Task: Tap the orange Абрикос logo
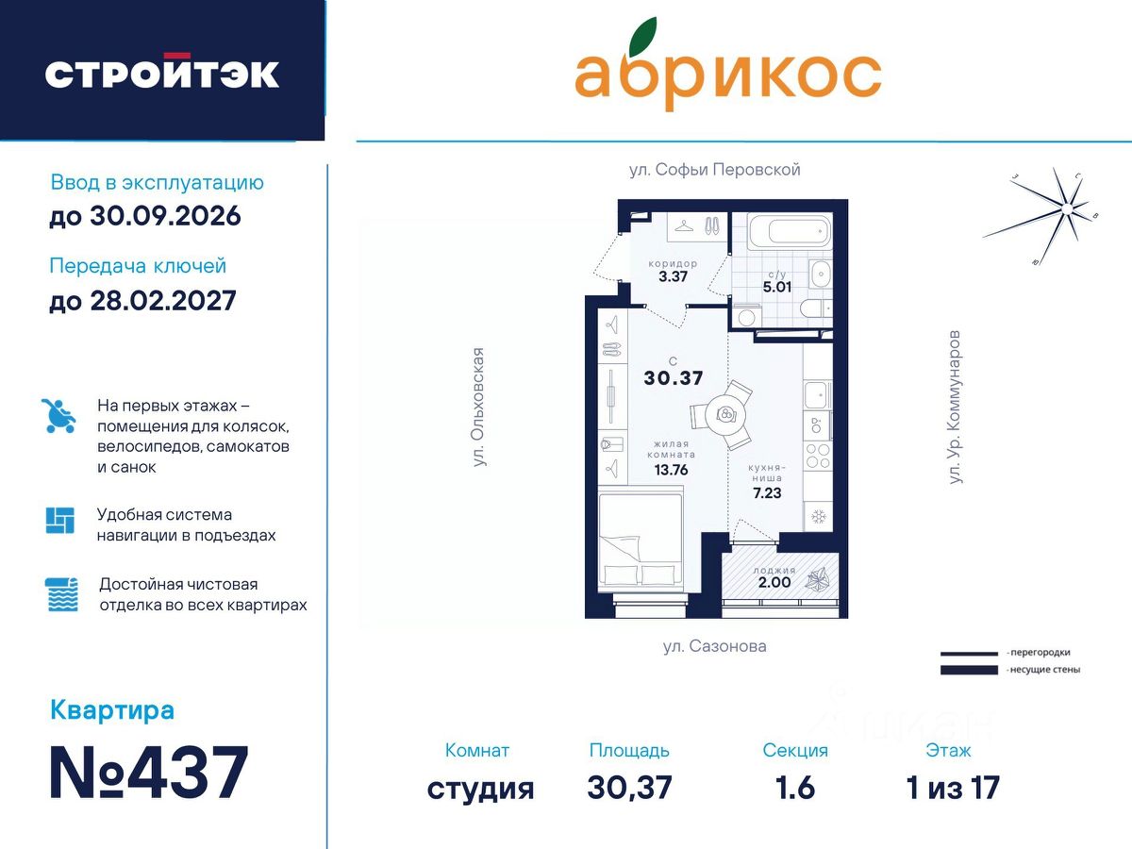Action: coord(727,64)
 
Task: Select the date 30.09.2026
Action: coord(165,216)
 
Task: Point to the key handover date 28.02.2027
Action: coord(163,301)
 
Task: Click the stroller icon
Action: coord(58,415)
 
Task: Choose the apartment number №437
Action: coord(149,773)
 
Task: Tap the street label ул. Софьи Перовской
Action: coord(714,170)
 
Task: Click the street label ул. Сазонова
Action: coord(714,646)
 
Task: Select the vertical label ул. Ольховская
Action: coord(479,408)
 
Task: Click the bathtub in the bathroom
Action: coord(789,232)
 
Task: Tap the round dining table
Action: coord(725,413)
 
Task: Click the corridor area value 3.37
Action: coord(673,276)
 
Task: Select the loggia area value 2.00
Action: coord(774,582)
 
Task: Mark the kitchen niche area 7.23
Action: coord(767,493)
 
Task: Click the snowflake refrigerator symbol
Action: coord(819,516)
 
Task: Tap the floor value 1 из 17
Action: coord(953,788)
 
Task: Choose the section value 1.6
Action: coord(794,788)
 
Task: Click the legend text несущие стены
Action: coord(1045,670)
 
